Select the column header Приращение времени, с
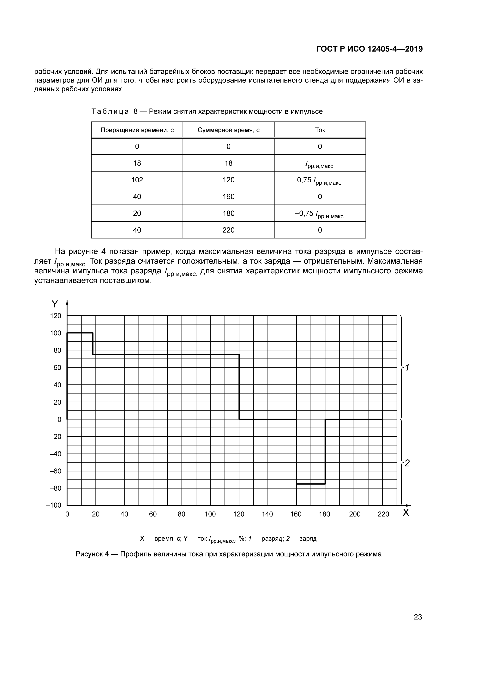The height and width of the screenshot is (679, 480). click(x=137, y=130)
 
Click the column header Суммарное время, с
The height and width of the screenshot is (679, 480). click(x=228, y=130)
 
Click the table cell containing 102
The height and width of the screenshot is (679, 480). click(x=137, y=180)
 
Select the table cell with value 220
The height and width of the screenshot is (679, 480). click(x=228, y=230)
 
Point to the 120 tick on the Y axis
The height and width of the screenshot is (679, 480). click(x=56, y=316)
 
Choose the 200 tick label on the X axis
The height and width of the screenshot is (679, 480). click(x=355, y=514)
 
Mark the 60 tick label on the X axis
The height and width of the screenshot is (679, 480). click(x=153, y=514)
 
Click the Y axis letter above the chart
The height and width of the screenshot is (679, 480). click(x=55, y=304)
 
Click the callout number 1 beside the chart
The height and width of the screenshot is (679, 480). click(x=407, y=368)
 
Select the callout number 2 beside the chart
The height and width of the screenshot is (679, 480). click(x=407, y=463)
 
